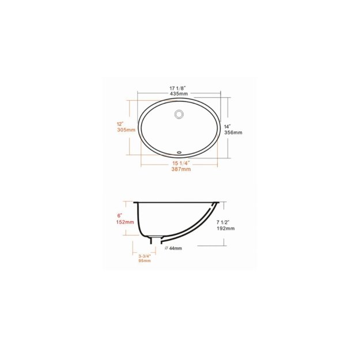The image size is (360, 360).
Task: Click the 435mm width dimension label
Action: click(179, 93)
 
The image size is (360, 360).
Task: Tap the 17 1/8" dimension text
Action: click(179, 87)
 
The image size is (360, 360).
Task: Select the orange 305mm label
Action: click(126, 130)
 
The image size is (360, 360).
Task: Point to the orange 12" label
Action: click(120, 124)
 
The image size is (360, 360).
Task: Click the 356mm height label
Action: click(233, 132)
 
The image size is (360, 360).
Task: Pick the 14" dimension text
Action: click(228, 126)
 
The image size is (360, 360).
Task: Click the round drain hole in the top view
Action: click(179, 114)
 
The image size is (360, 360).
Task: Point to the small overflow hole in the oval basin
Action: click(179, 153)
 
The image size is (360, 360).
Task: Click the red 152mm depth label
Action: click(126, 222)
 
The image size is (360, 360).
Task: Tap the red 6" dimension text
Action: click(120, 215)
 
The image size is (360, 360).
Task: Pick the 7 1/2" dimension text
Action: click(222, 222)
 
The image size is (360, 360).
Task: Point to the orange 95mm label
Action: click(144, 261)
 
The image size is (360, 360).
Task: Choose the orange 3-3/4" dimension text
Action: click(145, 256)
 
